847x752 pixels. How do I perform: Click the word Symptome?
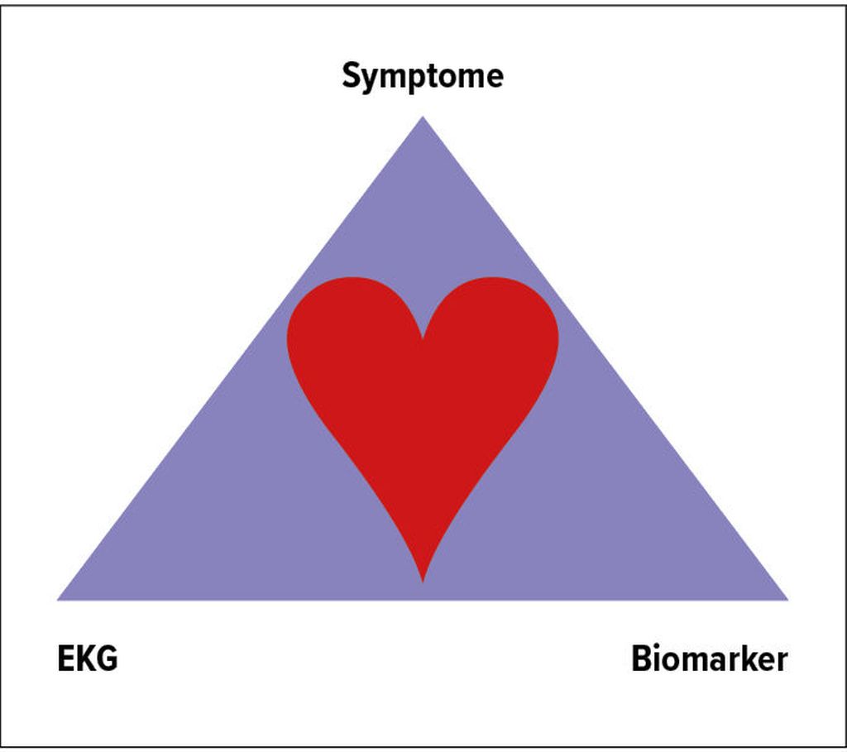(x=423, y=76)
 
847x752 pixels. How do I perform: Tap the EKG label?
(x=87, y=660)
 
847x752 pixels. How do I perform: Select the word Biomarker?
(x=709, y=660)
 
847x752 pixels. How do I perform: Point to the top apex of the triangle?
(x=423, y=119)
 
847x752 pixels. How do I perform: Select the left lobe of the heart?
(x=347, y=331)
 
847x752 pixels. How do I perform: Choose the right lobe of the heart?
(x=500, y=331)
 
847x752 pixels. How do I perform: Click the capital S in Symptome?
(x=351, y=76)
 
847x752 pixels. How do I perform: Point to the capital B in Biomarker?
(x=642, y=660)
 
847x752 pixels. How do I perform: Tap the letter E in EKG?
(x=65, y=660)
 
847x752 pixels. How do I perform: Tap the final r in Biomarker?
(x=782, y=662)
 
